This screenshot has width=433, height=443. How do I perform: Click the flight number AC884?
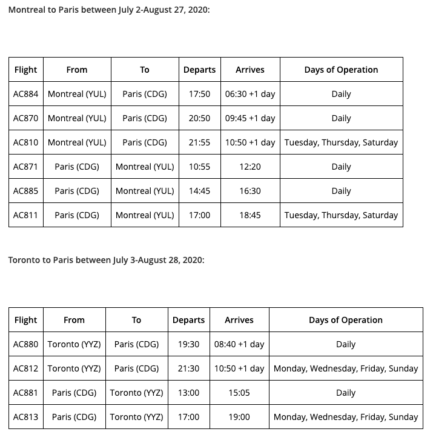coord(25,94)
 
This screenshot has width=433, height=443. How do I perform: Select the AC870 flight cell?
coord(25,118)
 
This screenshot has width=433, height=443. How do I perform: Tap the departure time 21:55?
coord(199,142)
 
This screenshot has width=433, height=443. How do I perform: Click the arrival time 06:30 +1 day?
coord(250,94)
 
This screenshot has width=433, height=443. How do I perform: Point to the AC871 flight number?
coord(25,167)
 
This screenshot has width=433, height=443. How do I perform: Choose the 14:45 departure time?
coord(199,191)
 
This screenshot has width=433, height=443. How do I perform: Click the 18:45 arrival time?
coord(250,215)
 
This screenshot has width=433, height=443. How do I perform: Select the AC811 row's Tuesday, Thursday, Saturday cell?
coord(341,215)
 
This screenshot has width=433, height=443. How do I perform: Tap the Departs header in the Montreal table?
coord(199,70)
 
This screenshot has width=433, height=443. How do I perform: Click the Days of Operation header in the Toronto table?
coord(345,320)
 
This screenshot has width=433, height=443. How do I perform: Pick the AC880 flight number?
coord(25,344)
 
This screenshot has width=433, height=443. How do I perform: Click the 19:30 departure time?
coord(188,344)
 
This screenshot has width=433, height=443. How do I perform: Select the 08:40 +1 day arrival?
coord(239,344)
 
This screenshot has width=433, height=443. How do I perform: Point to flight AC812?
coord(25,368)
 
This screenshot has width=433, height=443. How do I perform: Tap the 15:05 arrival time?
coord(239,393)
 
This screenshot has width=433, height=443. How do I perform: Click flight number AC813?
coord(25,417)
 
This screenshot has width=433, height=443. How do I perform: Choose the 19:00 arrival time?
coord(239,417)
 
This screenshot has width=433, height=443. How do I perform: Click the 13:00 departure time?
coord(188,393)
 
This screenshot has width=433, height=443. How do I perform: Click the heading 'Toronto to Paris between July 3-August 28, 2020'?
coord(106,260)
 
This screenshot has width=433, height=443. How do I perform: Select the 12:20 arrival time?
coord(250,167)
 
